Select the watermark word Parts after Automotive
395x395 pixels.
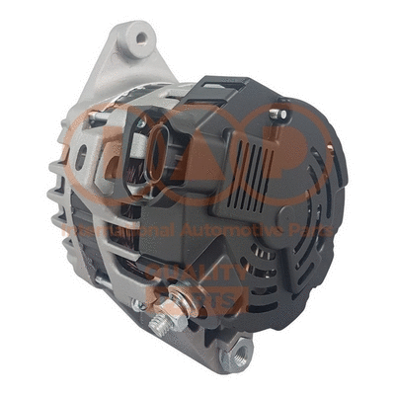pos(313,229)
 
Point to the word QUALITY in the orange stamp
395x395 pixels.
pos(198,271)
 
